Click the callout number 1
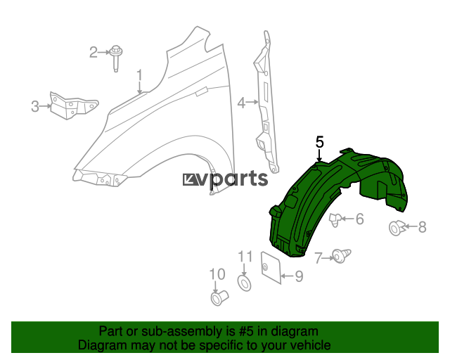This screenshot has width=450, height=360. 139,75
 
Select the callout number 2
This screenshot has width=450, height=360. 94,52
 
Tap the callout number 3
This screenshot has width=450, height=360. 35,106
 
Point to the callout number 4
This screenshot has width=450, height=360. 242,103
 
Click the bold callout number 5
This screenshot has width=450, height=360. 320,142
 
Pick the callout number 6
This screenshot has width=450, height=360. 360,219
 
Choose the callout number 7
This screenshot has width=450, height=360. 319,258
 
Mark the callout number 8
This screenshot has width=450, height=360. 422,227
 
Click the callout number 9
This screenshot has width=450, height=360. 299,276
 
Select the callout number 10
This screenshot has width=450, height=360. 217,274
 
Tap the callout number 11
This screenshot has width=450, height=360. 245,257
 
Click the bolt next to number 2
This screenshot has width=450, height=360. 116,58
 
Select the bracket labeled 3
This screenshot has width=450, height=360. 73,105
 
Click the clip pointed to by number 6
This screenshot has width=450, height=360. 335,220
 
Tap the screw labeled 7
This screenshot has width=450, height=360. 342,256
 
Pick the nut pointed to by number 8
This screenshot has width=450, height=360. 397,228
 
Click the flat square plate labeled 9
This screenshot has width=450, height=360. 271,267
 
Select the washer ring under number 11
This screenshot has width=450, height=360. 245,283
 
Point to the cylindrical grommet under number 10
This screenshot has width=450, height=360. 219,297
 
